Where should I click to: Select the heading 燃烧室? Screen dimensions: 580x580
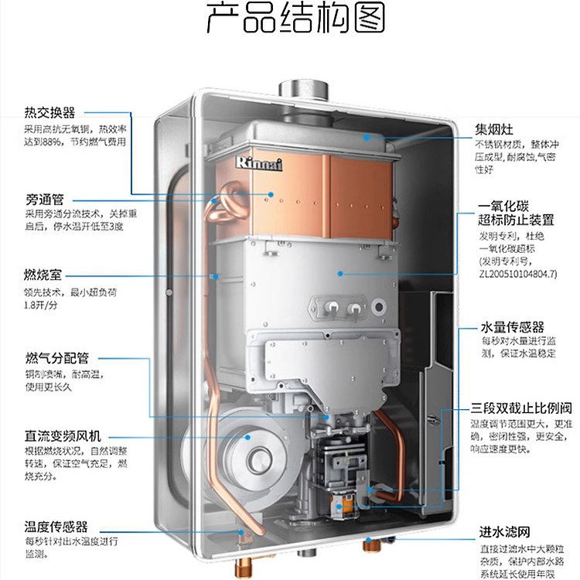pos(43,275)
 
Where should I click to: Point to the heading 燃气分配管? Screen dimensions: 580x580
pos(57,358)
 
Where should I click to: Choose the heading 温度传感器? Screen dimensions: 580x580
pos(56,527)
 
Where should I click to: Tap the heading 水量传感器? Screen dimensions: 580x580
pos(512,327)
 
